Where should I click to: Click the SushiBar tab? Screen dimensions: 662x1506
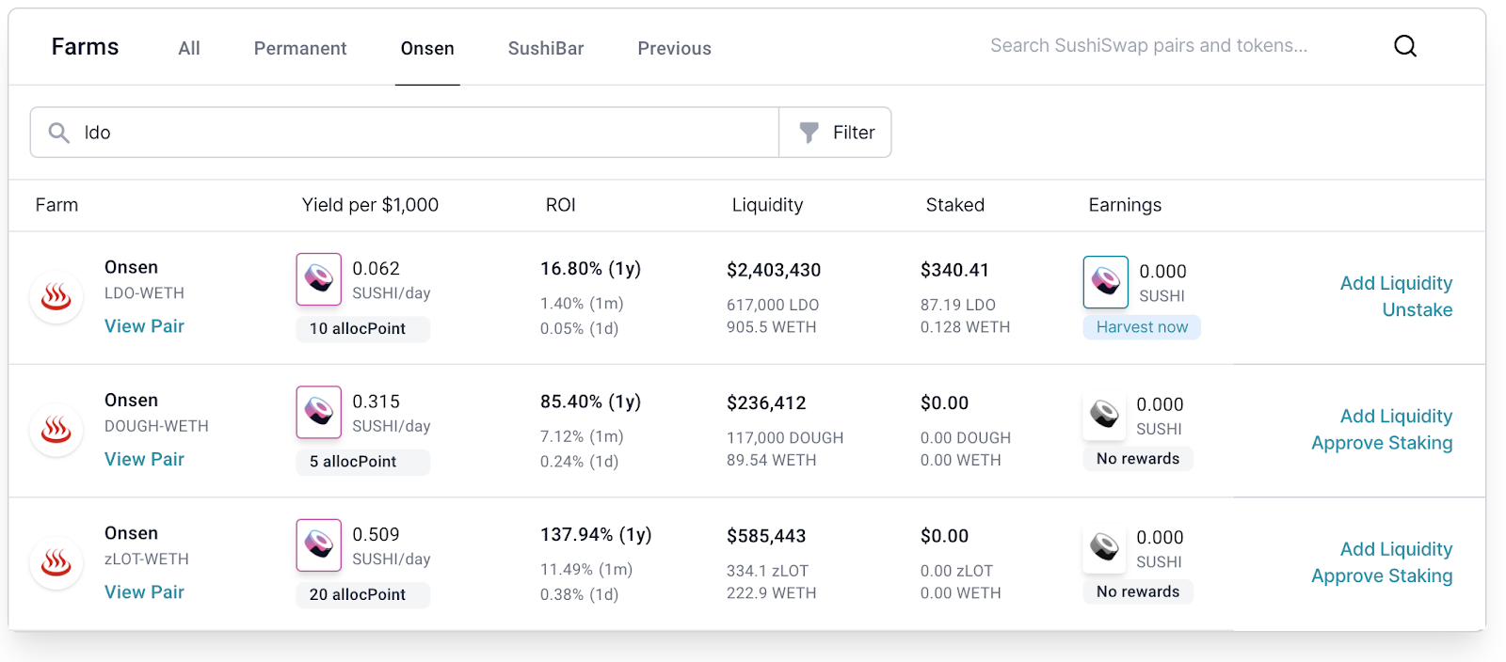(546, 49)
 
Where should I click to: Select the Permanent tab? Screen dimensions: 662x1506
(300, 49)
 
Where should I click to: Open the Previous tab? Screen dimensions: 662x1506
(674, 49)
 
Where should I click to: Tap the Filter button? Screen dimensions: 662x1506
(836, 133)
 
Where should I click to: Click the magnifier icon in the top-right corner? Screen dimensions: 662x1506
(1404, 46)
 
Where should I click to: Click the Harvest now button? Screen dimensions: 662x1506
(1142, 327)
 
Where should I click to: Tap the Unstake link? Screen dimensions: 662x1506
(1417, 310)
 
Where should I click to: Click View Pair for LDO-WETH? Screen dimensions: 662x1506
(144, 326)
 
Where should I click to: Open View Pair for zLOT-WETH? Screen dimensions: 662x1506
(144, 592)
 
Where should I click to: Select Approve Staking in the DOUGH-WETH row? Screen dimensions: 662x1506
(1382, 443)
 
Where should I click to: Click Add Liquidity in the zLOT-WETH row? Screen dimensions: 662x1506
(1396, 549)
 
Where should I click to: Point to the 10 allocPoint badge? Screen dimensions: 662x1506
(358, 329)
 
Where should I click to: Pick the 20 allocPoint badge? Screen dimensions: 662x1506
(358, 595)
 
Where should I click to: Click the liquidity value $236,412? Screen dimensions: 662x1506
(766, 403)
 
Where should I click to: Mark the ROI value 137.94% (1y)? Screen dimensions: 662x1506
(596, 535)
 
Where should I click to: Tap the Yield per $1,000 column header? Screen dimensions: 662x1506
(370, 205)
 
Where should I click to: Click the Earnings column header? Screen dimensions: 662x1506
(1125, 205)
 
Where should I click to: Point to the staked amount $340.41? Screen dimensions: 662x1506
(954, 271)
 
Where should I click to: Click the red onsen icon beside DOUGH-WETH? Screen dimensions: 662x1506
(56, 430)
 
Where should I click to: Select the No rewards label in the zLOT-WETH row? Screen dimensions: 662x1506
(1138, 592)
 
